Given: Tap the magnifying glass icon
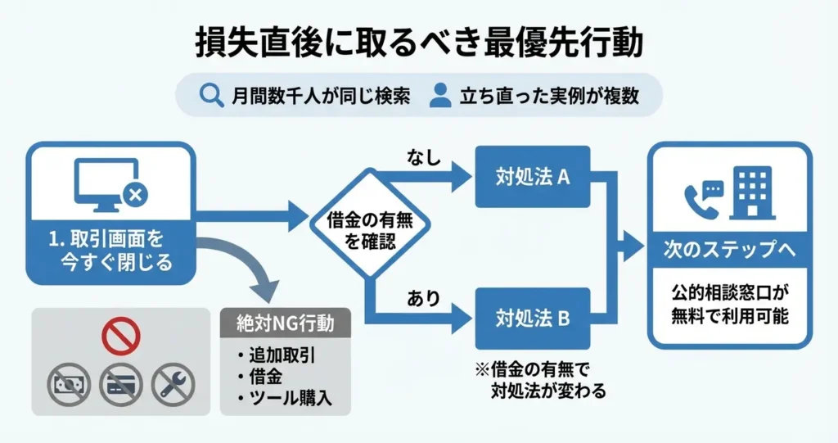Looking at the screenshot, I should coord(211,95).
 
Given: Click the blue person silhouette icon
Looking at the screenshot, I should coord(440,95).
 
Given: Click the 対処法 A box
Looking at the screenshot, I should coord(533,176).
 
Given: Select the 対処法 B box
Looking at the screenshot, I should coord(533,318).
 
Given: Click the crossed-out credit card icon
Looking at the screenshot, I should coord(121,385).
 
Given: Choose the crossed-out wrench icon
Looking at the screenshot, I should coord(173,385).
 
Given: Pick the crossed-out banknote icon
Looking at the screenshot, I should coord(69,385).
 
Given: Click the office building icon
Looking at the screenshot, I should coord(754,193).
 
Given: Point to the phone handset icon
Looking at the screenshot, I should coord(701,198).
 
